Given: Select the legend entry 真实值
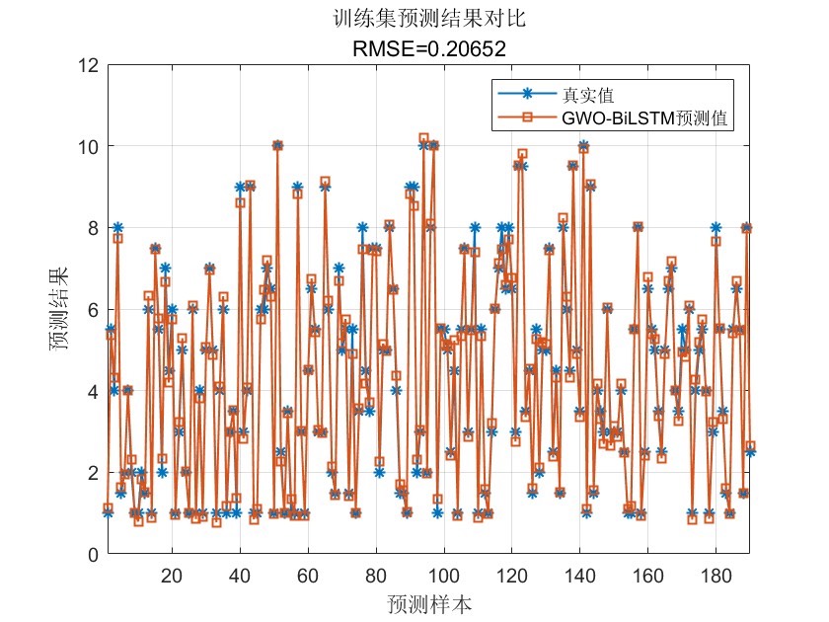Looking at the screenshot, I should click(x=588, y=95).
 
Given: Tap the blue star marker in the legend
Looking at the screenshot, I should click(x=527, y=95).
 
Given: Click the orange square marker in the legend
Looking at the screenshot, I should click(x=527, y=117).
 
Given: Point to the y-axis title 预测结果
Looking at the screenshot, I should click(x=60, y=310).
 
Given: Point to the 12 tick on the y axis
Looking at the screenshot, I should click(x=87, y=65).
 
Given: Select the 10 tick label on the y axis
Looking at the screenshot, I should click(x=87, y=147).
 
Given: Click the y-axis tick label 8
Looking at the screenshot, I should click(x=92, y=228).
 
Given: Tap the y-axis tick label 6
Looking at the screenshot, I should click(x=92, y=310).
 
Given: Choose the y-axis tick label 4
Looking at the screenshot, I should click(x=92, y=392).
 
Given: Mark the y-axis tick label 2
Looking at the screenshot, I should click(x=92, y=473).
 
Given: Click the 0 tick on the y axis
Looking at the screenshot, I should click(x=92, y=555).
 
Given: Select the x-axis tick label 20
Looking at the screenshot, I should click(x=172, y=576).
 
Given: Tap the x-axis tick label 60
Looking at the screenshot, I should click(x=308, y=576).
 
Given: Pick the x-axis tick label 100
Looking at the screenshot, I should click(x=444, y=576).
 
